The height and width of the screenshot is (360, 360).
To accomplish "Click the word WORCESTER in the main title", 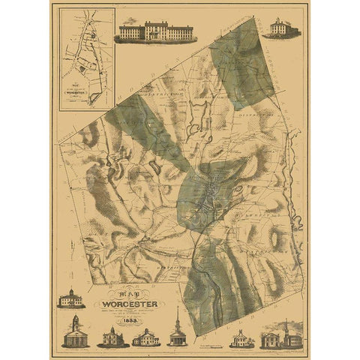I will [x=124, y=305].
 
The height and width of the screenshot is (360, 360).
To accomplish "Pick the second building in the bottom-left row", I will [x=112, y=337].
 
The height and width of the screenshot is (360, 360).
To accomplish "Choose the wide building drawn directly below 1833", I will [x=144, y=338].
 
